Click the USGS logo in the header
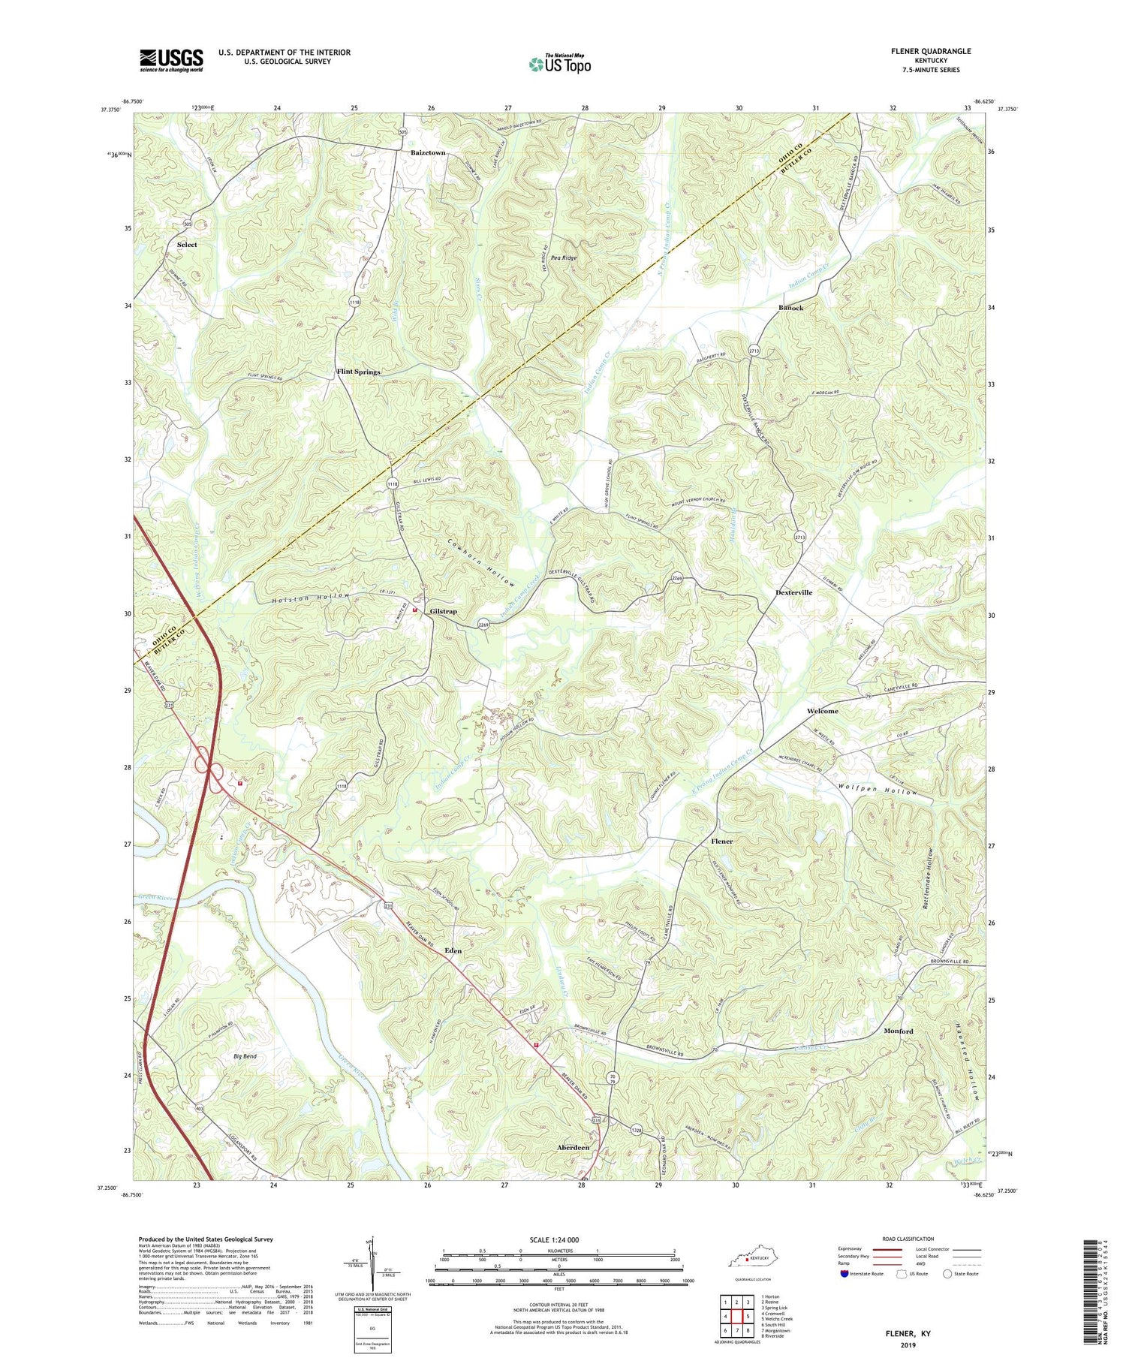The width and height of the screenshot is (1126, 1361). click(171, 60)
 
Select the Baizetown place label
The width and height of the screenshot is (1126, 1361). click(428, 152)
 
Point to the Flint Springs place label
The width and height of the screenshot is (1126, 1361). click(358, 372)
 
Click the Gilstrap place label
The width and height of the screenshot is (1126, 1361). click(443, 611)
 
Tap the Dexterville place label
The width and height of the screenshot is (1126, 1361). click(793, 592)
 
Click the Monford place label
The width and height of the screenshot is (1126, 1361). click(899, 1031)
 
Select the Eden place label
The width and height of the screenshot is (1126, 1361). click(453, 950)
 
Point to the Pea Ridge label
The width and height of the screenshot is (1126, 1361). click(565, 258)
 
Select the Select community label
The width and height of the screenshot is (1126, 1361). click(187, 245)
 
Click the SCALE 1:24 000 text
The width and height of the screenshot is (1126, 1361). click(558, 1239)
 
